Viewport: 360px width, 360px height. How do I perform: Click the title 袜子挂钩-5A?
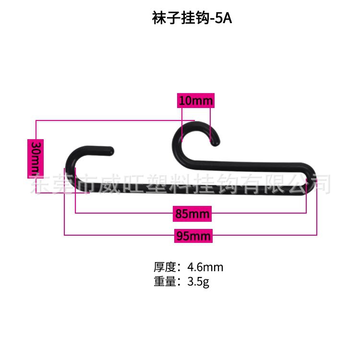[x=192, y=19]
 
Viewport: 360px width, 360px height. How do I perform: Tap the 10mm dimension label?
[x=196, y=101]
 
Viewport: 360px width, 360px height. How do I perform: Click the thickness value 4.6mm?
[x=205, y=267]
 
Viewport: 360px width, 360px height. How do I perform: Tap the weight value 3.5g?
[x=198, y=282]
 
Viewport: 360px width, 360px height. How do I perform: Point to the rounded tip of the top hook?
[x=216, y=141]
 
